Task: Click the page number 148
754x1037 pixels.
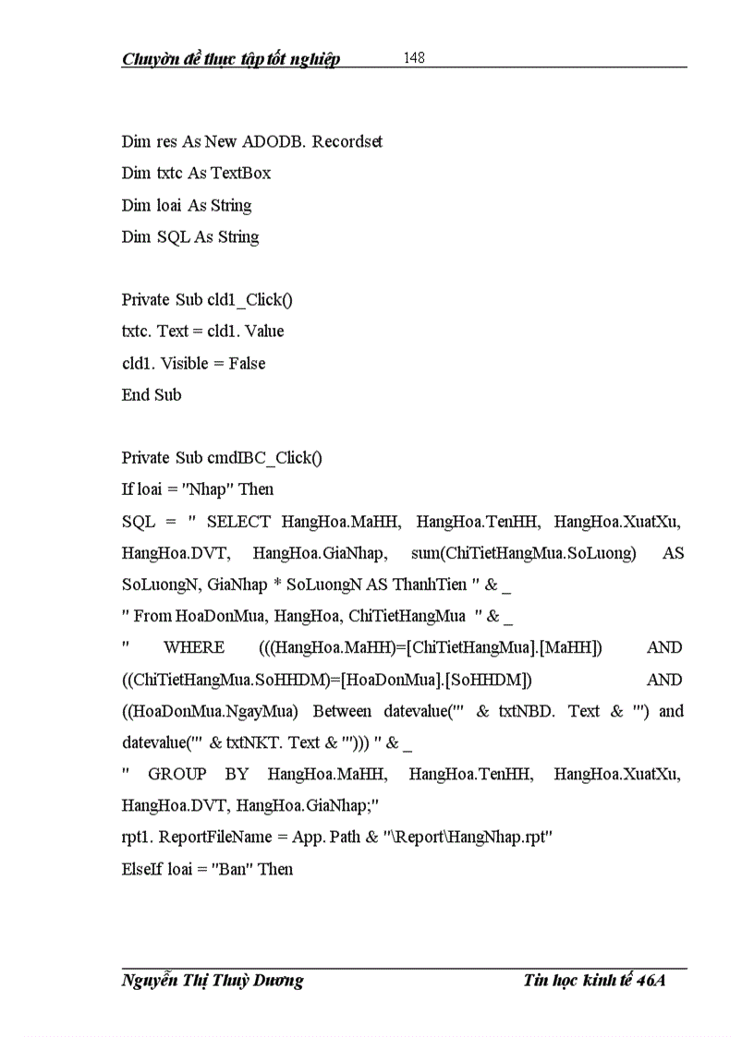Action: point(414,58)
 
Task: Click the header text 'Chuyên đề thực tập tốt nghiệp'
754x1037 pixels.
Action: point(231,60)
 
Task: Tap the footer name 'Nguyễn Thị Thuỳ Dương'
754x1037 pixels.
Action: point(213,980)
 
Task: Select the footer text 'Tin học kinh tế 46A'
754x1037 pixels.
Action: point(594,980)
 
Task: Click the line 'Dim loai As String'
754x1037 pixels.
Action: point(187,205)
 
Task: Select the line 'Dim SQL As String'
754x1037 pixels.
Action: point(190,237)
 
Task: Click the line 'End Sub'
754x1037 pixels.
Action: point(152,395)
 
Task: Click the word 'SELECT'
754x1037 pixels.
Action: point(238,522)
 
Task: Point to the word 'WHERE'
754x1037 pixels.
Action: point(194,648)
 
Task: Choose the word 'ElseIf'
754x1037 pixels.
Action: point(142,869)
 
